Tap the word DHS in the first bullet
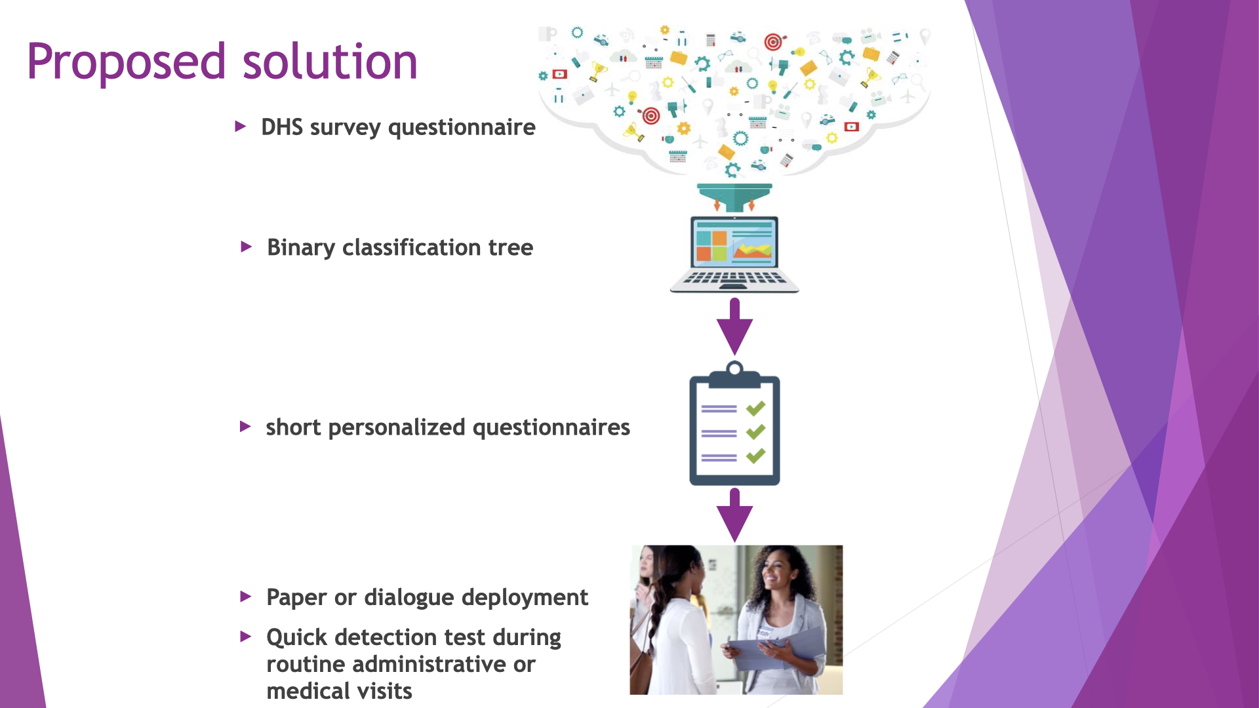pos(282,127)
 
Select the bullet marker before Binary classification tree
pos(246,247)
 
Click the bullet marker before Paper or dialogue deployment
pos(246,597)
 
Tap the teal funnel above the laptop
pos(734,195)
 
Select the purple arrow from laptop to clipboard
pos(734,327)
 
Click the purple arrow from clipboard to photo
pos(734,516)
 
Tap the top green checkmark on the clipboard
pos(756,408)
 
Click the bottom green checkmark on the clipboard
pos(756,455)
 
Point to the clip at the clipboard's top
pos(734,372)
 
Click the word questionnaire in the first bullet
pos(462,127)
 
